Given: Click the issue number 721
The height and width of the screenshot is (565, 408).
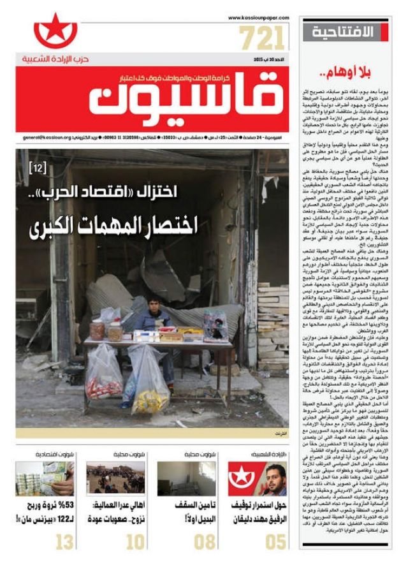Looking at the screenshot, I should [x=262, y=39].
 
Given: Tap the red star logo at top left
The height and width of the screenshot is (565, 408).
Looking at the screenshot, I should [x=55, y=31].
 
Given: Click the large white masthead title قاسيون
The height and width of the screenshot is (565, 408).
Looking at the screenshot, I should [x=184, y=95].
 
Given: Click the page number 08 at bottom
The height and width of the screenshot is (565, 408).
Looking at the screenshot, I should [x=205, y=543].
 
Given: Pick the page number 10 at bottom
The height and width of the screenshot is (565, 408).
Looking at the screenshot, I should [x=135, y=543].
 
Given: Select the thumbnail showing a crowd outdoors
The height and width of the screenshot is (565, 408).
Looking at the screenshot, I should [x=115, y=478].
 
